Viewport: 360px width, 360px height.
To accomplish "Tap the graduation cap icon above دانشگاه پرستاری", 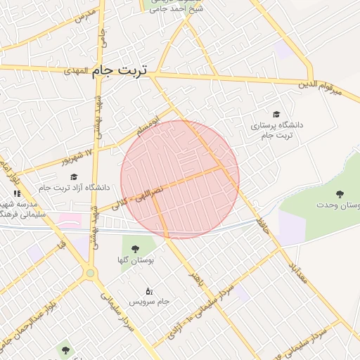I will point(276,114).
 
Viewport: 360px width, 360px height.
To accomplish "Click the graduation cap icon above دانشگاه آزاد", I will point(74,176).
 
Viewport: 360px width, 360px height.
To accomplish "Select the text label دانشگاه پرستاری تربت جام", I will point(276,129).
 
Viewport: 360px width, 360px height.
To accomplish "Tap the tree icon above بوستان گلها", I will point(135,248).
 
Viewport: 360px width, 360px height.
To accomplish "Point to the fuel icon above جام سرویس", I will point(148,290).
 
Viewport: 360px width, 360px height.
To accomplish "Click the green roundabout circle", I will point(90,273).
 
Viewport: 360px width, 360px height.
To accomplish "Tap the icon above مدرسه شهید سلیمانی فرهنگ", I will point(17,193).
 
